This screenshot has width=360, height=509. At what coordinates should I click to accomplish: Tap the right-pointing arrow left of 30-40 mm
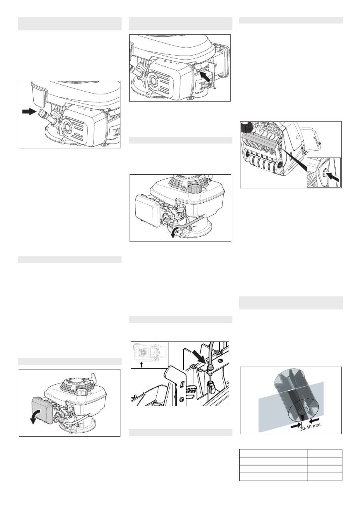click(296, 425)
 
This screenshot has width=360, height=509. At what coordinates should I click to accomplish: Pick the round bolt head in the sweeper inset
click(324, 172)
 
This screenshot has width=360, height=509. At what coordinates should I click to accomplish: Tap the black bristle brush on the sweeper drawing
click(247, 126)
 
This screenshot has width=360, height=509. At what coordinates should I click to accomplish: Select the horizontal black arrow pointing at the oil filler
click(29, 112)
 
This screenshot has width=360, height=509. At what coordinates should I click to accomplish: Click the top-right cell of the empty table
click(325, 453)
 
